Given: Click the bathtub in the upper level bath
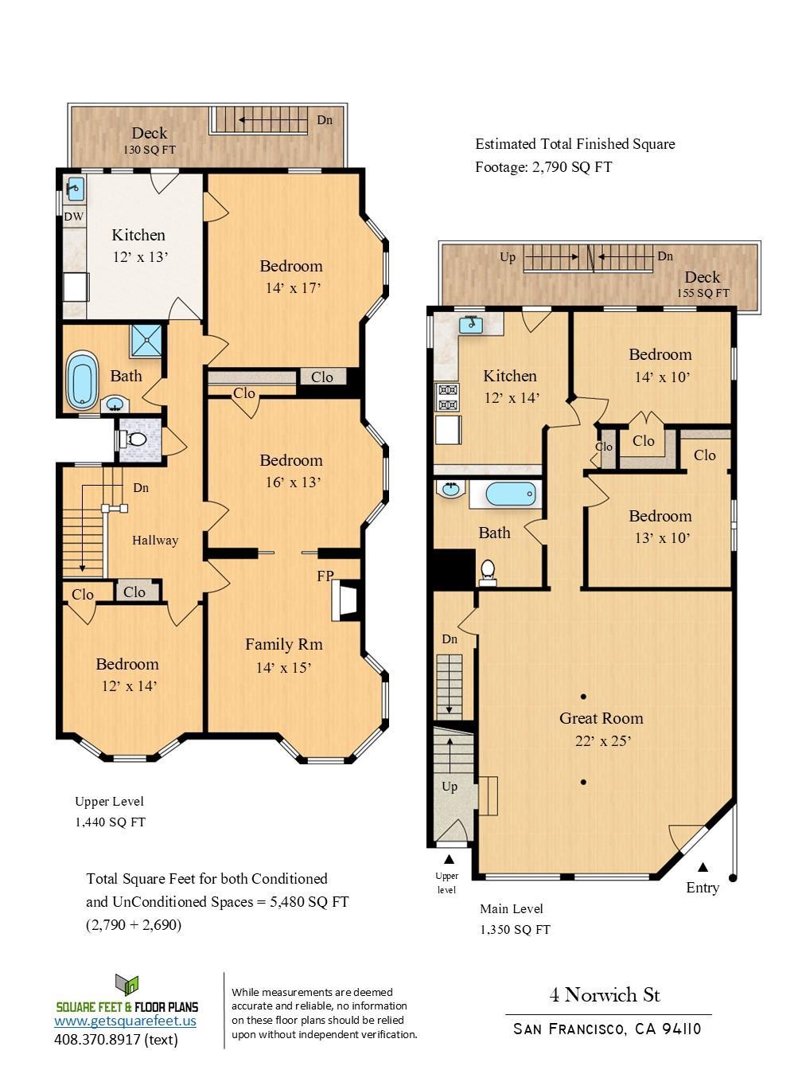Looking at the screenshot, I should click(x=81, y=381).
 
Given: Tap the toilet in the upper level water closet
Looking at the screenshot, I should click(x=134, y=439).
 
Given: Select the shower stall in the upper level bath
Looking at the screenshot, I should click(x=146, y=340).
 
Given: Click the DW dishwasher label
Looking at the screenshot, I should click(x=74, y=217).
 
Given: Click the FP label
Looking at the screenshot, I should click(x=325, y=576).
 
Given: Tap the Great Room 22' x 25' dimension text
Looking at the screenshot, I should click(x=602, y=741).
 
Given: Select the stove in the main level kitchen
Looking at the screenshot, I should click(x=447, y=396).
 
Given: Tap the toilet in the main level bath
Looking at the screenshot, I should click(x=488, y=571).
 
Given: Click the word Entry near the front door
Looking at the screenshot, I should click(x=703, y=888).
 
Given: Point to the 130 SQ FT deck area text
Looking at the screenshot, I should click(x=149, y=150).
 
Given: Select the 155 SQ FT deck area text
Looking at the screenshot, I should click(x=703, y=293).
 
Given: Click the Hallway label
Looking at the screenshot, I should click(x=154, y=541).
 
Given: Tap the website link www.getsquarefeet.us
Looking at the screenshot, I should click(x=125, y=1021).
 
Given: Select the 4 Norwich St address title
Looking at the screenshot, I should click(x=605, y=995).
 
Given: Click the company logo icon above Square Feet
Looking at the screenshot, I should click(x=127, y=985).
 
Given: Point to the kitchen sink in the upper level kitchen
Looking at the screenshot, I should click(x=75, y=189).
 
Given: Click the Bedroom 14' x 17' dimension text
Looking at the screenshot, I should click(x=293, y=288).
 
